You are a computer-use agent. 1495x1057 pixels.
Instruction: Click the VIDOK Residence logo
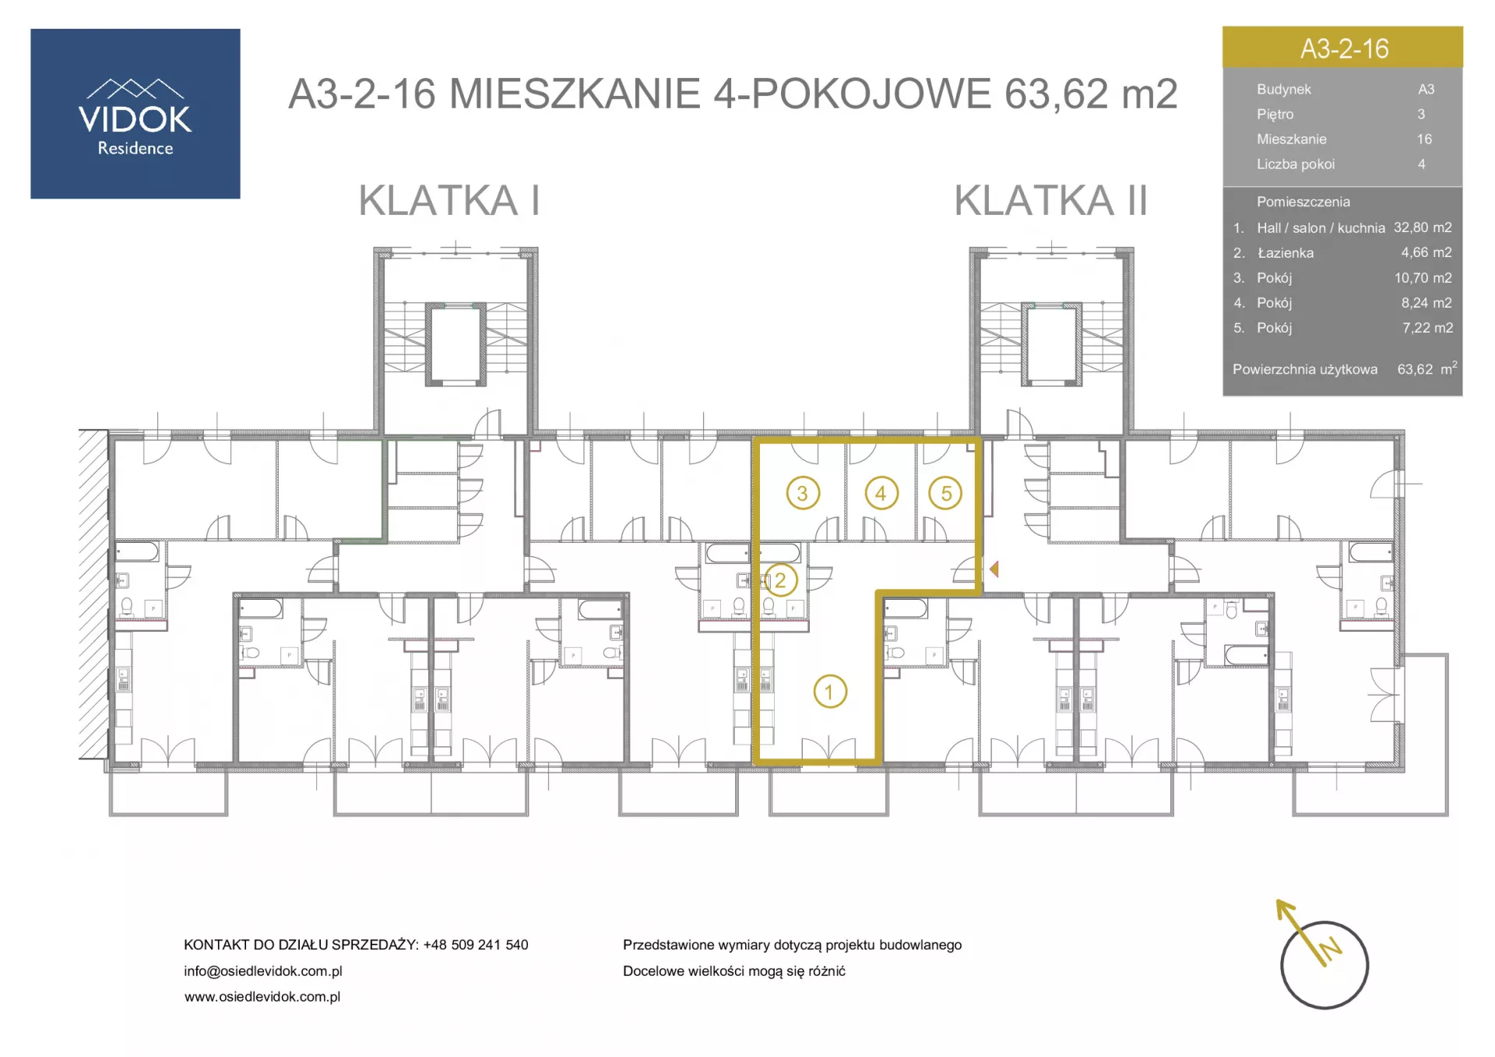135,114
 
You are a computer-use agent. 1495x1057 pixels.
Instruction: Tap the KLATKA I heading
448,201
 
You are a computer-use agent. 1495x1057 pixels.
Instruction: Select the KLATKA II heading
1050,201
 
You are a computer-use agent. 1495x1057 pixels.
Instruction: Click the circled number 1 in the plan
830,692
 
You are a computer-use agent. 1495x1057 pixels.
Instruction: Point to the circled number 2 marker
780,580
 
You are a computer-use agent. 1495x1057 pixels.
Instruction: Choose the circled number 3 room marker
803,493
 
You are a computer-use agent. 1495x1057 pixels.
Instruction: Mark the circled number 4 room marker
881,493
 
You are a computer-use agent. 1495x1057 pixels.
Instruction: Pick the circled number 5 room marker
946,493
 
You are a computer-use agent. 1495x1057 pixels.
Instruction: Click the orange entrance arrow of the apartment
994,569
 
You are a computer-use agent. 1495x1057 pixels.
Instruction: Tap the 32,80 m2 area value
1423,227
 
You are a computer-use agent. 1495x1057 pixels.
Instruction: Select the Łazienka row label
1286,253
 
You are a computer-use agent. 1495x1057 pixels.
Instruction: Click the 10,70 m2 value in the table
1423,278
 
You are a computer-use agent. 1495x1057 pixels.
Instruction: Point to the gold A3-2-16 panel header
1342,48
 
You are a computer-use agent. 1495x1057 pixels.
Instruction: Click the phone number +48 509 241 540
476,945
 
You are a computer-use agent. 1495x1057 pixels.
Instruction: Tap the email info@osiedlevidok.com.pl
263,971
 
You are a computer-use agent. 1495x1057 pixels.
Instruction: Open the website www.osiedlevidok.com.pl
262,997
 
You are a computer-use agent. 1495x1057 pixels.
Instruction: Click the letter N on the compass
1331,948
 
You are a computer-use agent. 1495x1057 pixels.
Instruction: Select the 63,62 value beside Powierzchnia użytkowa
1415,369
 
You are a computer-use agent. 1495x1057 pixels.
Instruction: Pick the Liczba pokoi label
1296,164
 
